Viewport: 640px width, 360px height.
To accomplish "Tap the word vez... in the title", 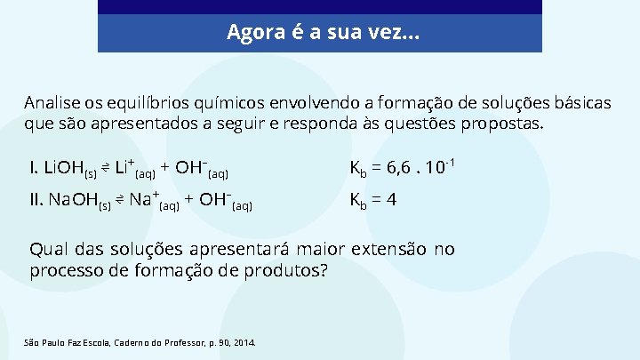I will pos(398,34).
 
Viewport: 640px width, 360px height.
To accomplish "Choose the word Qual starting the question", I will pos(46,249).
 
